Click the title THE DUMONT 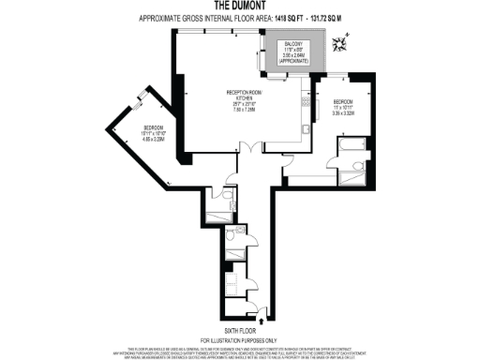[x=239, y=7]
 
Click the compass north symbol [x=348, y=38]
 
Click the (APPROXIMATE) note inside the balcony [x=293, y=62]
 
